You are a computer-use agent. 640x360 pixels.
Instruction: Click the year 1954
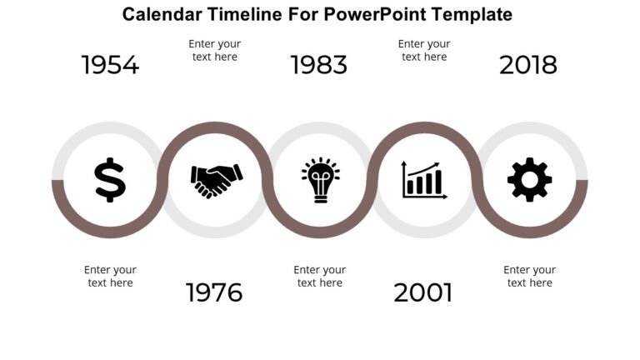(x=110, y=65)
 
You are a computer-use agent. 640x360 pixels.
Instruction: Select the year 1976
(x=214, y=292)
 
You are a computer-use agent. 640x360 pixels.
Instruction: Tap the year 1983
(x=319, y=65)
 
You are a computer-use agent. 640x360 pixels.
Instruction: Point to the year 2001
(x=423, y=292)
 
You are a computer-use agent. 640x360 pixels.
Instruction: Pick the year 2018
(x=528, y=65)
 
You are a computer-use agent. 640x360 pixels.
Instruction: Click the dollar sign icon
(x=110, y=180)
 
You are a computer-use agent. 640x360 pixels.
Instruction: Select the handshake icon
(x=217, y=181)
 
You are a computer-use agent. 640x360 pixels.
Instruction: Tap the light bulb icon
(x=320, y=180)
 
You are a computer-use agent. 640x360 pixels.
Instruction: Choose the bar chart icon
(x=424, y=180)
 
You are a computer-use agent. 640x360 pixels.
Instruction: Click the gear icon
(x=529, y=180)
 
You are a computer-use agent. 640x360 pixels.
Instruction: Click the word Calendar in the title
(x=162, y=14)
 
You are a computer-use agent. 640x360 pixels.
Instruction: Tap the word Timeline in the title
(x=244, y=14)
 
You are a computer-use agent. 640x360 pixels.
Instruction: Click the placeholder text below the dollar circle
(x=110, y=276)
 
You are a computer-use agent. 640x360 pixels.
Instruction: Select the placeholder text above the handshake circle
(x=215, y=50)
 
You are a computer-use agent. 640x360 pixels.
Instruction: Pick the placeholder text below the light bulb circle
(x=320, y=276)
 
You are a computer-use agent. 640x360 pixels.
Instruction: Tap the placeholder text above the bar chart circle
(x=424, y=50)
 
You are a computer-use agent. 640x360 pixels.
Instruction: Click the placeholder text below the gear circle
(x=529, y=276)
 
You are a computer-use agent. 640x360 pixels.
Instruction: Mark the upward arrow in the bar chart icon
(x=423, y=168)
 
